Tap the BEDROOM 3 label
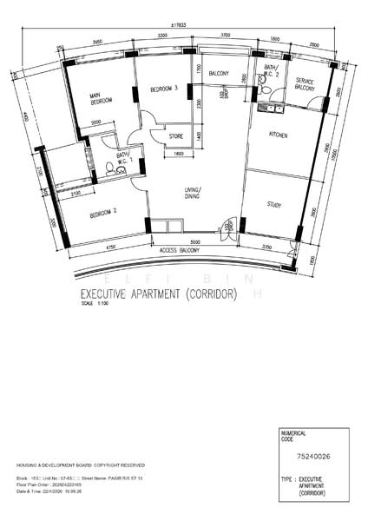click(163, 89)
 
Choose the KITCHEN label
click(278, 135)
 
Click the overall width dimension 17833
click(200, 25)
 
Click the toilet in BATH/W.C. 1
click(110, 171)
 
